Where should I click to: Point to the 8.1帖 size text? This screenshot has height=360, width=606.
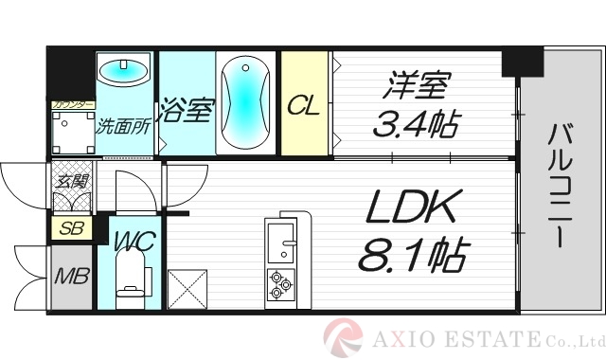(x=413, y=255)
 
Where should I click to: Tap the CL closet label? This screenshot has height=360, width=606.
(x=304, y=106)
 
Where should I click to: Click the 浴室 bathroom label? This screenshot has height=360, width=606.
(x=187, y=110)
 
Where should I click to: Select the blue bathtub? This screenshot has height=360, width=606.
(x=246, y=103)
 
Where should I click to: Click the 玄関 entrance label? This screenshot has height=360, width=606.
(x=70, y=182)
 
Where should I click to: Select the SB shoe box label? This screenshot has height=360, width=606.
(x=70, y=228)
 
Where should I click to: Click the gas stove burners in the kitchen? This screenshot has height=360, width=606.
(x=281, y=285)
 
